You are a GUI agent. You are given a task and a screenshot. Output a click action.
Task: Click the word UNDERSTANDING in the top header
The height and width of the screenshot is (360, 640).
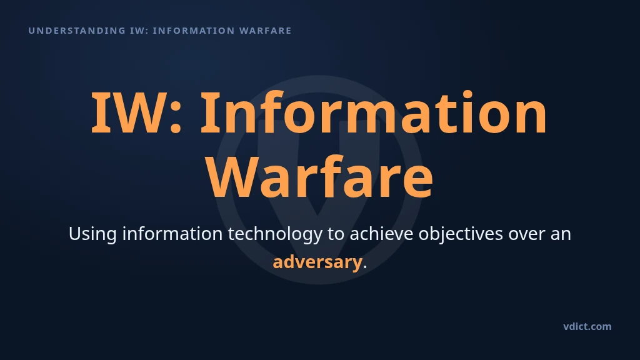pyautogui.click(x=77, y=31)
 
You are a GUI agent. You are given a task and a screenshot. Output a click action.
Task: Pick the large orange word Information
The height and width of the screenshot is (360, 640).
pyautogui.click(x=374, y=112)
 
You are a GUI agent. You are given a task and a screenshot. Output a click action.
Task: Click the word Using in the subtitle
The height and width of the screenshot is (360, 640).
pyautogui.click(x=92, y=234)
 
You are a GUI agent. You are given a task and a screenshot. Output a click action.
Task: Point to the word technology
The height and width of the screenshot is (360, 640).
pyautogui.click(x=275, y=234)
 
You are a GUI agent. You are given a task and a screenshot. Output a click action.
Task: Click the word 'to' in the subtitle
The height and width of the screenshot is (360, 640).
pyautogui.click(x=336, y=234)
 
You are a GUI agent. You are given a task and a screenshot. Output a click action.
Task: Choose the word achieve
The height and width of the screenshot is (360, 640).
pyautogui.click(x=381, y=234)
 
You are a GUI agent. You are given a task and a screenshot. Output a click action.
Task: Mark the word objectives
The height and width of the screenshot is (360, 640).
pyautogui.click(x=461, y=234)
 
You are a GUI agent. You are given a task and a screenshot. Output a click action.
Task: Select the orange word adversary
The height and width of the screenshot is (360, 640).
pyautogui.click(x=317, y=262)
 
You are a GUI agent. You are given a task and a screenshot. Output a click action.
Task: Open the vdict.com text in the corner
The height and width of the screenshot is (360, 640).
pyautogui.click(x=587, y=326)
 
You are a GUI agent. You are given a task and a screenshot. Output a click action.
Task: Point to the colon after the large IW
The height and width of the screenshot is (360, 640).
pyautogui.click(x=176, y=118)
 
